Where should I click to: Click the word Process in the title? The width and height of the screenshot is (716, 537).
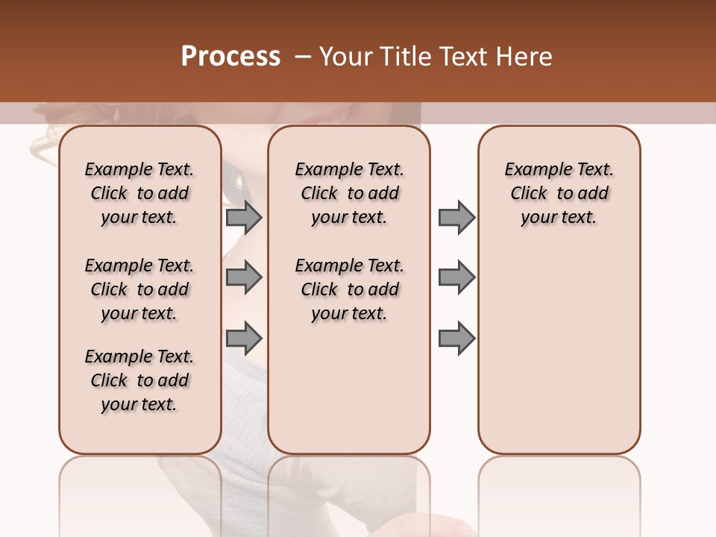click(x=230, y=57)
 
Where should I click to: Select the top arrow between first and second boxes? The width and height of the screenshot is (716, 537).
click(x=244, y=217)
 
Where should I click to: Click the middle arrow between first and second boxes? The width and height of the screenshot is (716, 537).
click(x=244, y=277)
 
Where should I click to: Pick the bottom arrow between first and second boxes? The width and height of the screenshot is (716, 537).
click(x=244, y=339)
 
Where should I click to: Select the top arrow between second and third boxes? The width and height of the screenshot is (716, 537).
click(x=456, y=217)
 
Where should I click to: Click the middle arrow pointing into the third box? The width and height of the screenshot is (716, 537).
click(x=456, y=277)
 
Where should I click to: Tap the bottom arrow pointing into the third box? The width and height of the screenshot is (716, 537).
click(x=456, y=339)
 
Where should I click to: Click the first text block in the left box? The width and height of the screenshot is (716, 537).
click(x=139, y=193)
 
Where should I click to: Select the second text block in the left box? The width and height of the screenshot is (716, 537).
click(x=139, y=289)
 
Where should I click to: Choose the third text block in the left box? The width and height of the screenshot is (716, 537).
click(x=139, y=380)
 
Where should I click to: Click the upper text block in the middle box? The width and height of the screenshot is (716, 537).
click(x=349, y=193)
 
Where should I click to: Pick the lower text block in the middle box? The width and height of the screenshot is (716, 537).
click(x=349, y=289)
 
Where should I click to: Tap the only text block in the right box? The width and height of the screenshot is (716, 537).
click(x=559, y=193)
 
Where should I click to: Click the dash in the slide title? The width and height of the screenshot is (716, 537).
click(x=303, y=57)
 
